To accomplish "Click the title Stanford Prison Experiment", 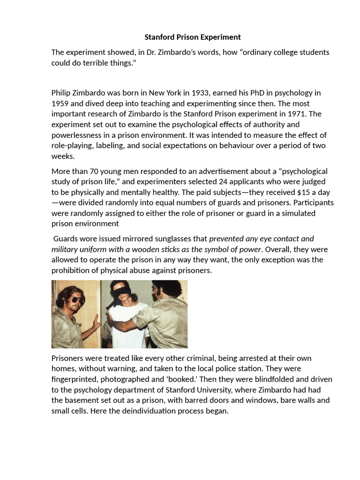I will click(193, 37).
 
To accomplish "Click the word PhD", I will click(255, 93).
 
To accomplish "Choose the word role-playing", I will click(72, 145).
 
